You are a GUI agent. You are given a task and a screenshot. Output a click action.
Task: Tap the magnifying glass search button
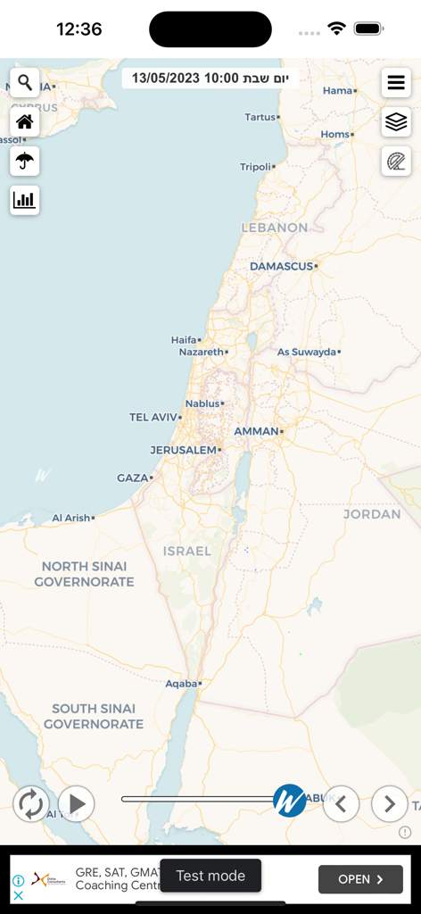[x=25, y=83]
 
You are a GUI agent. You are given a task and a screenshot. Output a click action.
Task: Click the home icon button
[x=25, y=122]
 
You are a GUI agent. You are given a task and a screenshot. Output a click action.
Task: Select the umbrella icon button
[x=25, y=161]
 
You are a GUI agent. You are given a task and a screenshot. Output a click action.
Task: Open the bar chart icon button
[x=25, y=200]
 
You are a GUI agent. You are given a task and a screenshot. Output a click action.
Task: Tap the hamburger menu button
[x=396, y=83]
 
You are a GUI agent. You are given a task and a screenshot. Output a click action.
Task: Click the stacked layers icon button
[x=396, y=122]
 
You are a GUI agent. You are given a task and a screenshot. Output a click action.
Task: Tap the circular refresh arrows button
[x=30, y=803]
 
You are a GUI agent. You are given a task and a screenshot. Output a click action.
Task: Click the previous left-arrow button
[x=341, y=803]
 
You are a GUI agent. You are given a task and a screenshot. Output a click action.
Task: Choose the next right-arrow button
[x=389, y=803]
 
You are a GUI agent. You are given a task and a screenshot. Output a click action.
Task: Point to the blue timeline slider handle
[x=289, y=801]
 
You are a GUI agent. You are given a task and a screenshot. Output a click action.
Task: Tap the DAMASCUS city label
[x=281, y=266]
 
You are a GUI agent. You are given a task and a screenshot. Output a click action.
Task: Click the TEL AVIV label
[x=153, y=417]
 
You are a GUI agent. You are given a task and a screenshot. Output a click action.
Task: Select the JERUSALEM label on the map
[x=184, y=450]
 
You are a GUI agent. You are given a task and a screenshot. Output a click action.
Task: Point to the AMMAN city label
[x=256, y=431]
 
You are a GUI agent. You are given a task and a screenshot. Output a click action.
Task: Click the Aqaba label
[x=181, y=684]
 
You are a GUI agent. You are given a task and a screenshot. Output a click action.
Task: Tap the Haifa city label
[x=183, y=340]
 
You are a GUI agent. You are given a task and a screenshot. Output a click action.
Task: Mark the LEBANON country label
[x=275, y=228]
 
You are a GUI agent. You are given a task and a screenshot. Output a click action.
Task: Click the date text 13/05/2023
[x=166, y=79]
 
